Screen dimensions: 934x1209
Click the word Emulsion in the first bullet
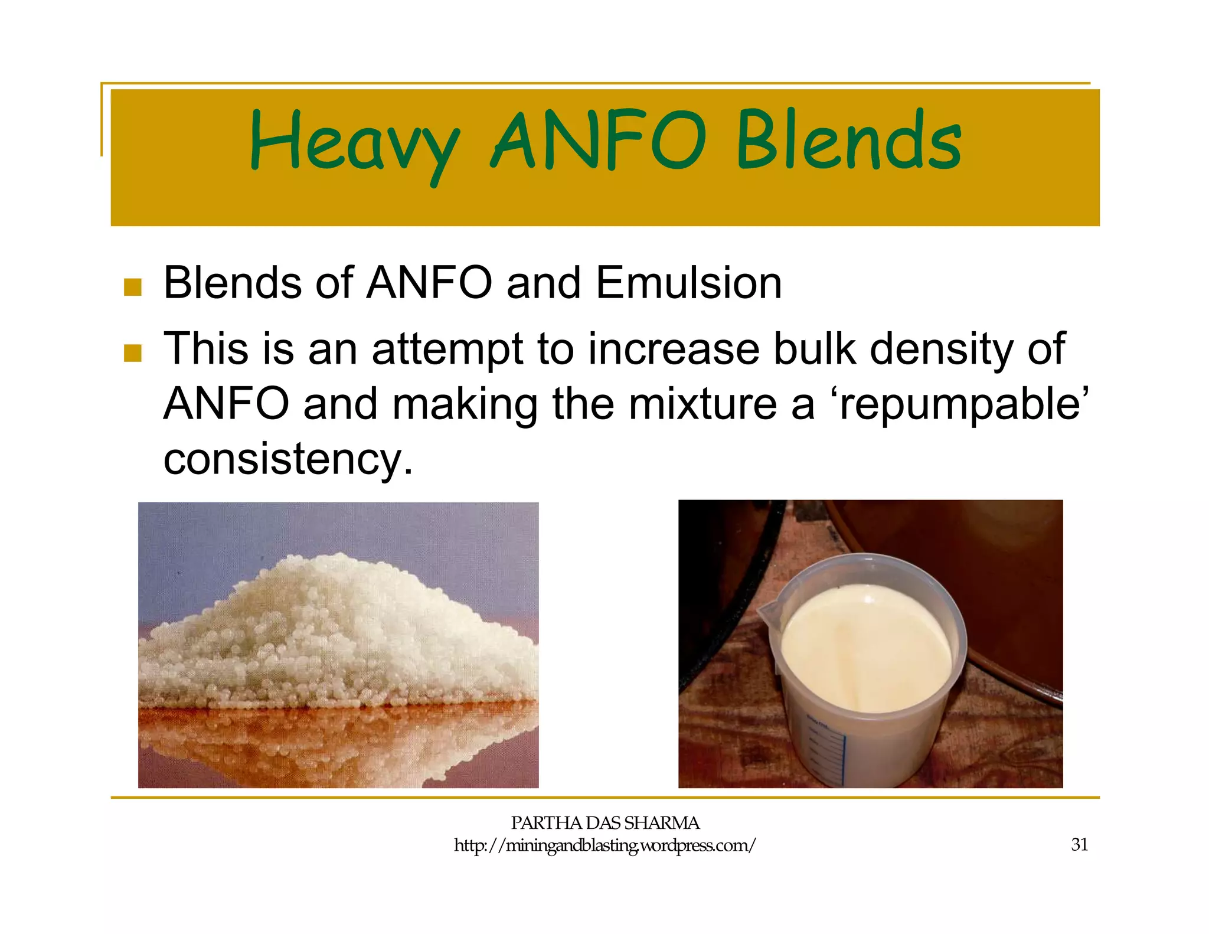tap(688, 283)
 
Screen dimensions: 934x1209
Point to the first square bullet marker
tap(133, 288)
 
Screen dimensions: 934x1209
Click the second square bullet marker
tap(133, 353)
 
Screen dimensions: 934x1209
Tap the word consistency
tap(288, 459)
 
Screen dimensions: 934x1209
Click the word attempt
tap(447, 349)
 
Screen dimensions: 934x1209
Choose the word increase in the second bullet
tap(674, 349)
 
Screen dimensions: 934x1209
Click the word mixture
tap(702, 404)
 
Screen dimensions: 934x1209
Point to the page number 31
tap(1079, 845)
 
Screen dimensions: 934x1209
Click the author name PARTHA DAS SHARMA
tap(604, 823)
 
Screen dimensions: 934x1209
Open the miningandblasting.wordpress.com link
tap(604, 845)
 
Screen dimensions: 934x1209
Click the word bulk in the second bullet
tap(814, 349)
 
